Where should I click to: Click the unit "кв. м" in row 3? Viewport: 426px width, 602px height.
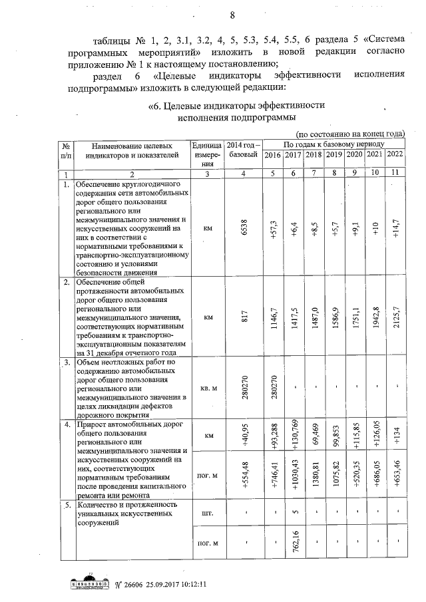tap(206, 388)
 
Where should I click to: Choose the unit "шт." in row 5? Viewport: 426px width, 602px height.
tap(206, 513)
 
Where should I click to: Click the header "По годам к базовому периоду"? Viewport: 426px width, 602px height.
tap(333, 144)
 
